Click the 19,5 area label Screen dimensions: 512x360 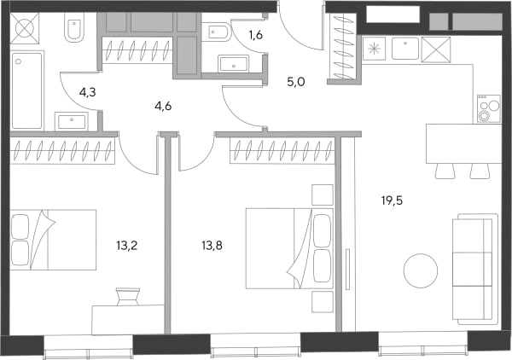coord(392,200)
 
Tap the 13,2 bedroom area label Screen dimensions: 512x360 coord(126,246)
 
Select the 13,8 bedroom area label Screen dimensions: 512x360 coord(212,246)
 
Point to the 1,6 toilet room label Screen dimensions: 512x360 coord(256,35)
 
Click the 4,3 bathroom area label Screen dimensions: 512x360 coord(88,93)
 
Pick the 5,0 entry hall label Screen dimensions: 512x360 coord(296,82)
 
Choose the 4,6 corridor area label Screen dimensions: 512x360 coord(163,107)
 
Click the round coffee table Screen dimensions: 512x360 coord(421,270)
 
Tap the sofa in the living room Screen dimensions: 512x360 coord(475,269)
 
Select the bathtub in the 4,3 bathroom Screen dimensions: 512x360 coord(27,90)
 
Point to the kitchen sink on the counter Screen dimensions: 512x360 coord(404,49)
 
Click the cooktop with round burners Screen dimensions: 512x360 coord(489,108)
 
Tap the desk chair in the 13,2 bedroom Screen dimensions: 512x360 coord(128,296)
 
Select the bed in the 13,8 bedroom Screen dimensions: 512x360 coord(289,248)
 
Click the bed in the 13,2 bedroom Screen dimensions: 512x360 coord(53,240)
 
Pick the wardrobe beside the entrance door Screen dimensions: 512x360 coord(344,46)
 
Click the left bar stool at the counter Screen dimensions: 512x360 coord(445,171)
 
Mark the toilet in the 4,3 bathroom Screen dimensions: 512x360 coord(74,27)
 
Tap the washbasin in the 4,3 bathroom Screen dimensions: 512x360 coord(72,121)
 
